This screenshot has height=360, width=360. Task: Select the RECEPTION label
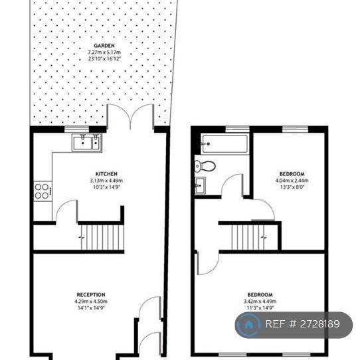tap(92, 295)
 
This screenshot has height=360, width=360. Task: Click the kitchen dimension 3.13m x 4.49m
tap(106, 181)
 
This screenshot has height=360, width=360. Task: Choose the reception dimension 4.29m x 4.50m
tap(92, 302)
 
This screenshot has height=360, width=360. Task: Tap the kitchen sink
tap(86, 141)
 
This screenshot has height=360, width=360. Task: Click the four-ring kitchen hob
tap(42, 191)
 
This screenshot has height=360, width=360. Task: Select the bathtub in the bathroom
tap(225, 143)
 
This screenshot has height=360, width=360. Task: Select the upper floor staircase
tap(247, 236)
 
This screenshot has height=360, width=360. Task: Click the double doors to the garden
tap(132, 118)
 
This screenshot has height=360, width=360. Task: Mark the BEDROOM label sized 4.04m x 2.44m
tap(292, 174)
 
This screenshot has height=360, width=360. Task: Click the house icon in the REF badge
tap(248, 325)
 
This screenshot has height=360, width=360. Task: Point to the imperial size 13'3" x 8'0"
tap(292, 187)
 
